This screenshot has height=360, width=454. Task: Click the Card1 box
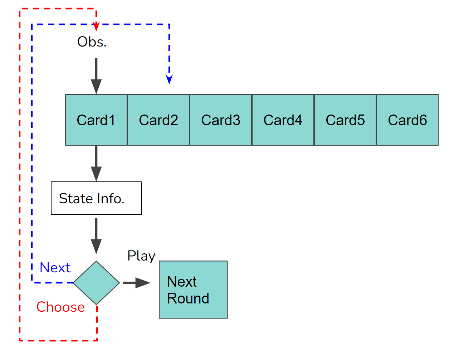(96, 120)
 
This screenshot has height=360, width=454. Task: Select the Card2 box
(158, 120)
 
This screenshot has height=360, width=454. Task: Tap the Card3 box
(221, 120)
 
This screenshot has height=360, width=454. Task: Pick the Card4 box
(283, 120)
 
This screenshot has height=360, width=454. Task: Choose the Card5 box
(345, 120)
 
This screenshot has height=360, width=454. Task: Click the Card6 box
(407, 120)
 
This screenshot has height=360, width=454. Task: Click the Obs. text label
(92, 42)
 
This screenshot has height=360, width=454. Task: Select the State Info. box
(96, 198)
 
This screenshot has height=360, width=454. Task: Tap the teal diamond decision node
(96, 283)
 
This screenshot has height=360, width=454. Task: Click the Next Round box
(193, 290)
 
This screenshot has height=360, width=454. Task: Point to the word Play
(141, 256)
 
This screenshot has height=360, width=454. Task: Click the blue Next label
(55, 268)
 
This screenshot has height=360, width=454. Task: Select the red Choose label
(60, 307)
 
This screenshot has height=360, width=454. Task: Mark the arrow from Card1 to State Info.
(96, 163)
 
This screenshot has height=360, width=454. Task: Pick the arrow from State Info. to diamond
(96, 235)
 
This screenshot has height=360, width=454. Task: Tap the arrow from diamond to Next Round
(137, 283)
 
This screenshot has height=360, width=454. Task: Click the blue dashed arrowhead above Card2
(169, 79)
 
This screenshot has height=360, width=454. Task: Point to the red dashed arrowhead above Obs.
(96, 26)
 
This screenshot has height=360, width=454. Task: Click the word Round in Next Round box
(188, 298)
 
